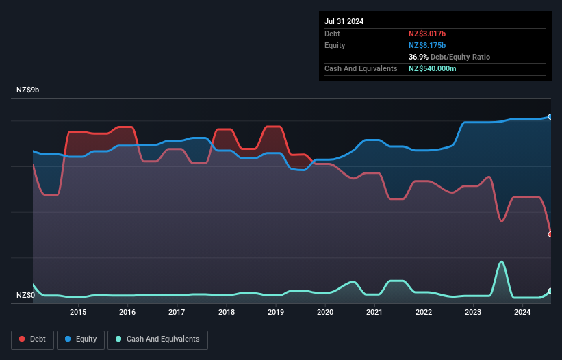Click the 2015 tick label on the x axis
(78, 313)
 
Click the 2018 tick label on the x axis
(226, 313)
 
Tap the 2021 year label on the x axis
(374, 313)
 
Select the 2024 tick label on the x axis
(522, 313)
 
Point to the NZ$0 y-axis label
(26, 296)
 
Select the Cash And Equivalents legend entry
(157, 339)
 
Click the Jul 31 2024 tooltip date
(344, 21)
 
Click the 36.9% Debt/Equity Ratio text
(449, 57)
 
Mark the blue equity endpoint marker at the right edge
(550, 117)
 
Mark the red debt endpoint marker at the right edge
(550, 234)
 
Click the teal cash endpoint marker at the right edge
(550, 291)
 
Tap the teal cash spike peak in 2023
(502, 261)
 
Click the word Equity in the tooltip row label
(335, 45)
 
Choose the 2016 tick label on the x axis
(127, 313)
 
